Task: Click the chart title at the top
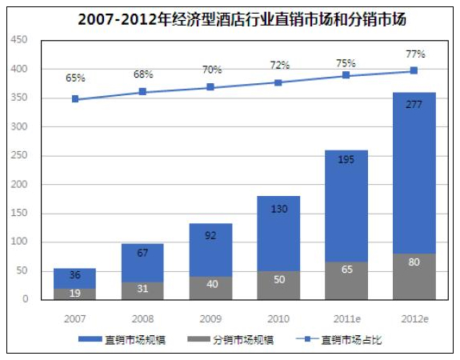point(242,19)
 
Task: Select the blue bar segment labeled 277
point(414,173)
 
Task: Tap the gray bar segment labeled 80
point(414,277)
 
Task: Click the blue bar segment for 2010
point(278,234)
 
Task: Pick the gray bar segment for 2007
point(75,294)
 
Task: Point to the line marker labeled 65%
point(75,99)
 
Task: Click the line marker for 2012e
point(414,70)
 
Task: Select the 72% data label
point(280,65)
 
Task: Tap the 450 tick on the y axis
point(19,40)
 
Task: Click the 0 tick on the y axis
point(26,298)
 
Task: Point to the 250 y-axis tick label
point(19,155)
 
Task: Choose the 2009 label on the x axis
point(210,319)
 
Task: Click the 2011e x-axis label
point(346,319)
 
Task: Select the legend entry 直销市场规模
point(122,340)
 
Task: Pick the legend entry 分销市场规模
point(230,340)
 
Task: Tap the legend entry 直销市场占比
point(339,340)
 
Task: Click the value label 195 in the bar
point(346,160)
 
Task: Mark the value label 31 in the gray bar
point(142,289)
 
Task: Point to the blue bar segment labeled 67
point(142,263)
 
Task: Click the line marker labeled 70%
point(210,87)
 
